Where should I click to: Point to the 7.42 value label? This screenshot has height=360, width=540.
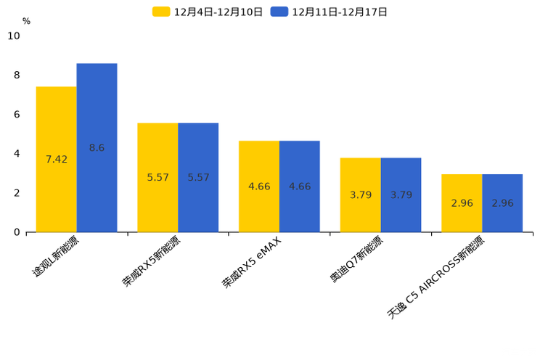pyautogui.click(x=57, y=160)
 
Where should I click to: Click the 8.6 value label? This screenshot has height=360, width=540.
pyautogui.click(x=97, y=148)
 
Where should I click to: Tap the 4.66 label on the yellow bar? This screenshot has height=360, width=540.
pyautogui.click(x=259, y=187)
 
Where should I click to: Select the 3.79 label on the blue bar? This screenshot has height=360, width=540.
pyautogui.click(x=401, y=195)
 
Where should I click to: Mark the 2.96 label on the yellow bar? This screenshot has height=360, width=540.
pyautogui.click(x=462, y=203)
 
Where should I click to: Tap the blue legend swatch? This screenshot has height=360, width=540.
pyautogui.click(x=279, y=12)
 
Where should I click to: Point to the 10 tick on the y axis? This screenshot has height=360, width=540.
pyautogui.click(x=14, y=36)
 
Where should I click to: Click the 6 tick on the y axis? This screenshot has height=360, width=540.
pyautogui.click(x=17, y=115)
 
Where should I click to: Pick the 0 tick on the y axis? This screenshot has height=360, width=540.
pyautogui.click(x=17, y=232)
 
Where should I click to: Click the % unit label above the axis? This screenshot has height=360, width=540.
pyautogui.click(x=26, y=21)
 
